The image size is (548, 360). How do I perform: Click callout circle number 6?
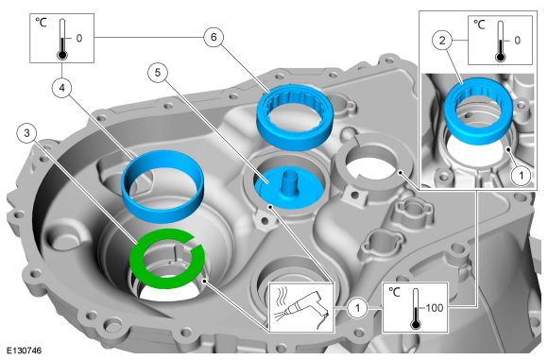point(214,37)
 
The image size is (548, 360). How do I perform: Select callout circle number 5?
point(158,73)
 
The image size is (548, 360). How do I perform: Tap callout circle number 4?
point(61,88)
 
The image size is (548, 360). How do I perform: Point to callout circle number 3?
point(27,133)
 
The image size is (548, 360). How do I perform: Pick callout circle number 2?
point(442,41)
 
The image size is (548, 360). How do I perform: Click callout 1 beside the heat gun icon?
point(357,308)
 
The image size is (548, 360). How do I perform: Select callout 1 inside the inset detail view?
point(522,175)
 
